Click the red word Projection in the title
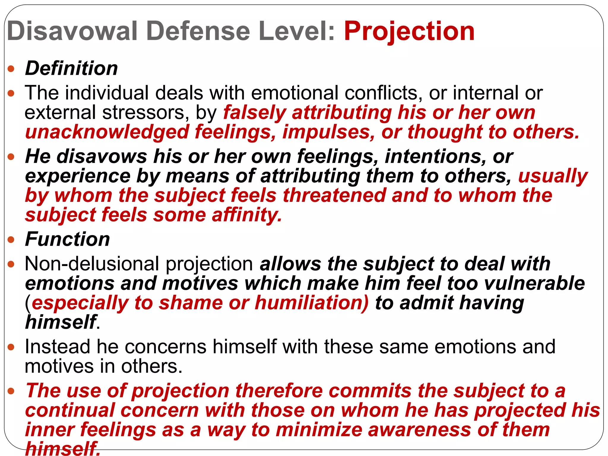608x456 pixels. pos(409,31)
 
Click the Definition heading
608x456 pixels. pos(71,68)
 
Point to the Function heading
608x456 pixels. pos(67,239)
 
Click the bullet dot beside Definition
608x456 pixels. pos(11,69)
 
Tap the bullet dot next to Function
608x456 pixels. pos(11,240)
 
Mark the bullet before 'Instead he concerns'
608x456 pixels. pos(11,347)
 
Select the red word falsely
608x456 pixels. pos(254,113)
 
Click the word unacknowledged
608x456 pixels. pos(107,132)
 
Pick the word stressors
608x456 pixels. pos(145,113)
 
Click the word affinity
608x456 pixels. pos(246,215)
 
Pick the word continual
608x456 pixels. pos(70,410)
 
